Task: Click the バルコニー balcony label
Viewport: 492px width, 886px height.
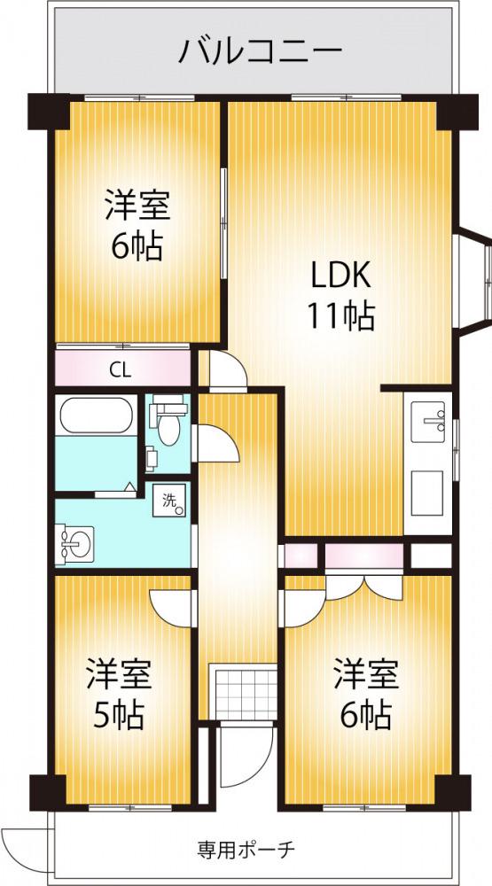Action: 261,51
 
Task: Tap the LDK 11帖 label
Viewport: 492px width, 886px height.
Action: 341,296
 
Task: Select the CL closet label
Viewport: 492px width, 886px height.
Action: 121,370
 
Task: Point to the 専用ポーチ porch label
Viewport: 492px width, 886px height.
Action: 246,848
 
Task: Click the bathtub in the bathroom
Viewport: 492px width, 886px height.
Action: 96,416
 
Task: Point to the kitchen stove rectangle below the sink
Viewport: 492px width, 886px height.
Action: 427,493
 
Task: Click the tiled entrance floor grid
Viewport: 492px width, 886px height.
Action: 243,695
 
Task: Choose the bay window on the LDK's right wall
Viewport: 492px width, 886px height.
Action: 473,283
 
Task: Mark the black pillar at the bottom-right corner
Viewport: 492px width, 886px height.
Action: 453,792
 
